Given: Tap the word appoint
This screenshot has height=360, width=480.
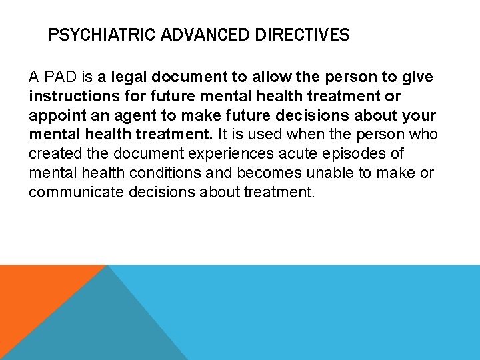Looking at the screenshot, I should click(56, 115).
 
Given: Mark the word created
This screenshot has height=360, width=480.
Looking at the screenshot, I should click(53, 154).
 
